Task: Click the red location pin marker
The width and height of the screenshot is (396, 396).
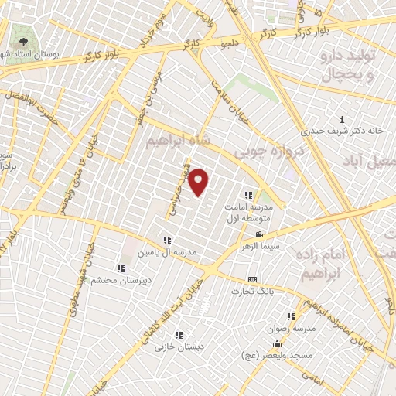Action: pyautogui.click(x=200, y=182)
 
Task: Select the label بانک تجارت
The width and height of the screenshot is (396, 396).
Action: pyautogui.click(x=252, y=292)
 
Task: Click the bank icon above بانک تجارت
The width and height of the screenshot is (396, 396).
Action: pyautogui.click(x=252, y=279)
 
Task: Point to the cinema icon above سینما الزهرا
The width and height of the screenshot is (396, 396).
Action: pyautogui.click(x=259, y=234)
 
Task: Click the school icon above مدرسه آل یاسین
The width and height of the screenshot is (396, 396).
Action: pyautogui.click(x=168, y=240)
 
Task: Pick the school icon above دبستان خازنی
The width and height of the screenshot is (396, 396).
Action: pyautogui.click(x=179, y=335)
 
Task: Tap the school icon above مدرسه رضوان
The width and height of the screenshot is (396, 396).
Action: pyautogui.click(x=291, y=316)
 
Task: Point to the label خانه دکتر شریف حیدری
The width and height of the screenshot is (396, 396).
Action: pyautogui.click(x=343, y=131)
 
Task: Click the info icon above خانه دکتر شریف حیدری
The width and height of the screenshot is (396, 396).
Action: pyautogui.click(x=343, y=119)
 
